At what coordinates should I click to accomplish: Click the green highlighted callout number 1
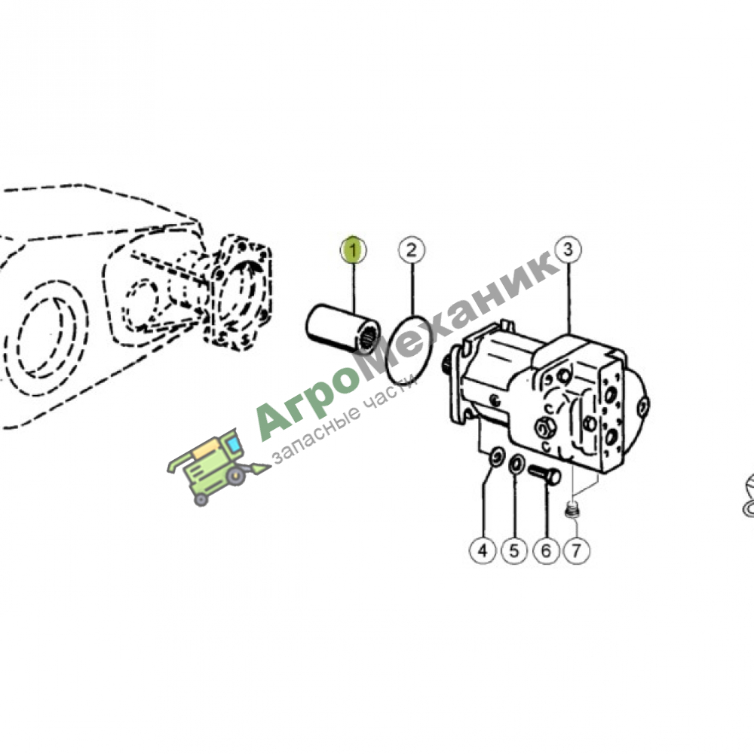353,250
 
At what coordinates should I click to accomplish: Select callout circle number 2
412,250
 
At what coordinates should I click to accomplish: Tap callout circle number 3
568,250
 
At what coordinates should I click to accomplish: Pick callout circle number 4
483,550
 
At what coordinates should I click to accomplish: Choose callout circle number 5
514,550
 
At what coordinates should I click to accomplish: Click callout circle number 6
546,550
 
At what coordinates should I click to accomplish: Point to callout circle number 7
577,550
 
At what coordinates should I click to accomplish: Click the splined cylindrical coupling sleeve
343,329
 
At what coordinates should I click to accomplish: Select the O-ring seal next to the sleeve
409,350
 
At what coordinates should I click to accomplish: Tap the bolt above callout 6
544,474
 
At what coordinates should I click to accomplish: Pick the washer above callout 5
516,465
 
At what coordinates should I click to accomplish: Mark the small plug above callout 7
572,510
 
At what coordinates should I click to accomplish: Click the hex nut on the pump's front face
545,427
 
